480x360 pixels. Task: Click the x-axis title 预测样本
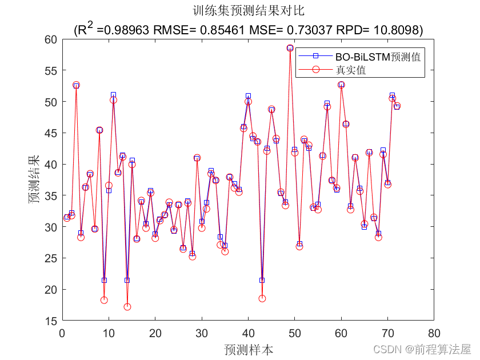[249, 349]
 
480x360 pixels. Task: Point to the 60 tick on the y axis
[52, 39]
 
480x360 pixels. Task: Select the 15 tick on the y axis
[52, 321]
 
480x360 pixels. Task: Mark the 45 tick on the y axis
[52, 133]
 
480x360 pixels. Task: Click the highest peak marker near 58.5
[290, 48]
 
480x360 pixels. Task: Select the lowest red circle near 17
[127, 307]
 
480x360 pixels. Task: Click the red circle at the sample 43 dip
[262, 298]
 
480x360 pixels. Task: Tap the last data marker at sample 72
[397, 106]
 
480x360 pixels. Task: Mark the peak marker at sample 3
[76, 85]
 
